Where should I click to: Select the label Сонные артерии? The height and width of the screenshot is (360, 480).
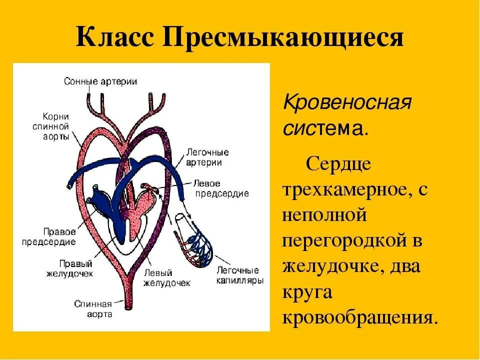[100, 81]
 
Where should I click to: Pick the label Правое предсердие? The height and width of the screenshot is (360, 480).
[48, 237]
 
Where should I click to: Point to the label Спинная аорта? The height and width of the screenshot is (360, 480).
[93, 308]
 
